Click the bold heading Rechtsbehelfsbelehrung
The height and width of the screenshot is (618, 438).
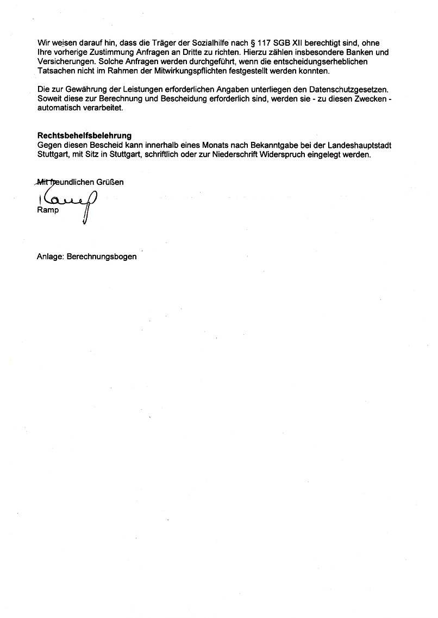[84, 135]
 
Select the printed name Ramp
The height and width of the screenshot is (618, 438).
[48, 210]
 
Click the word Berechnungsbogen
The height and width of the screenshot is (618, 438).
[102, 257]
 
